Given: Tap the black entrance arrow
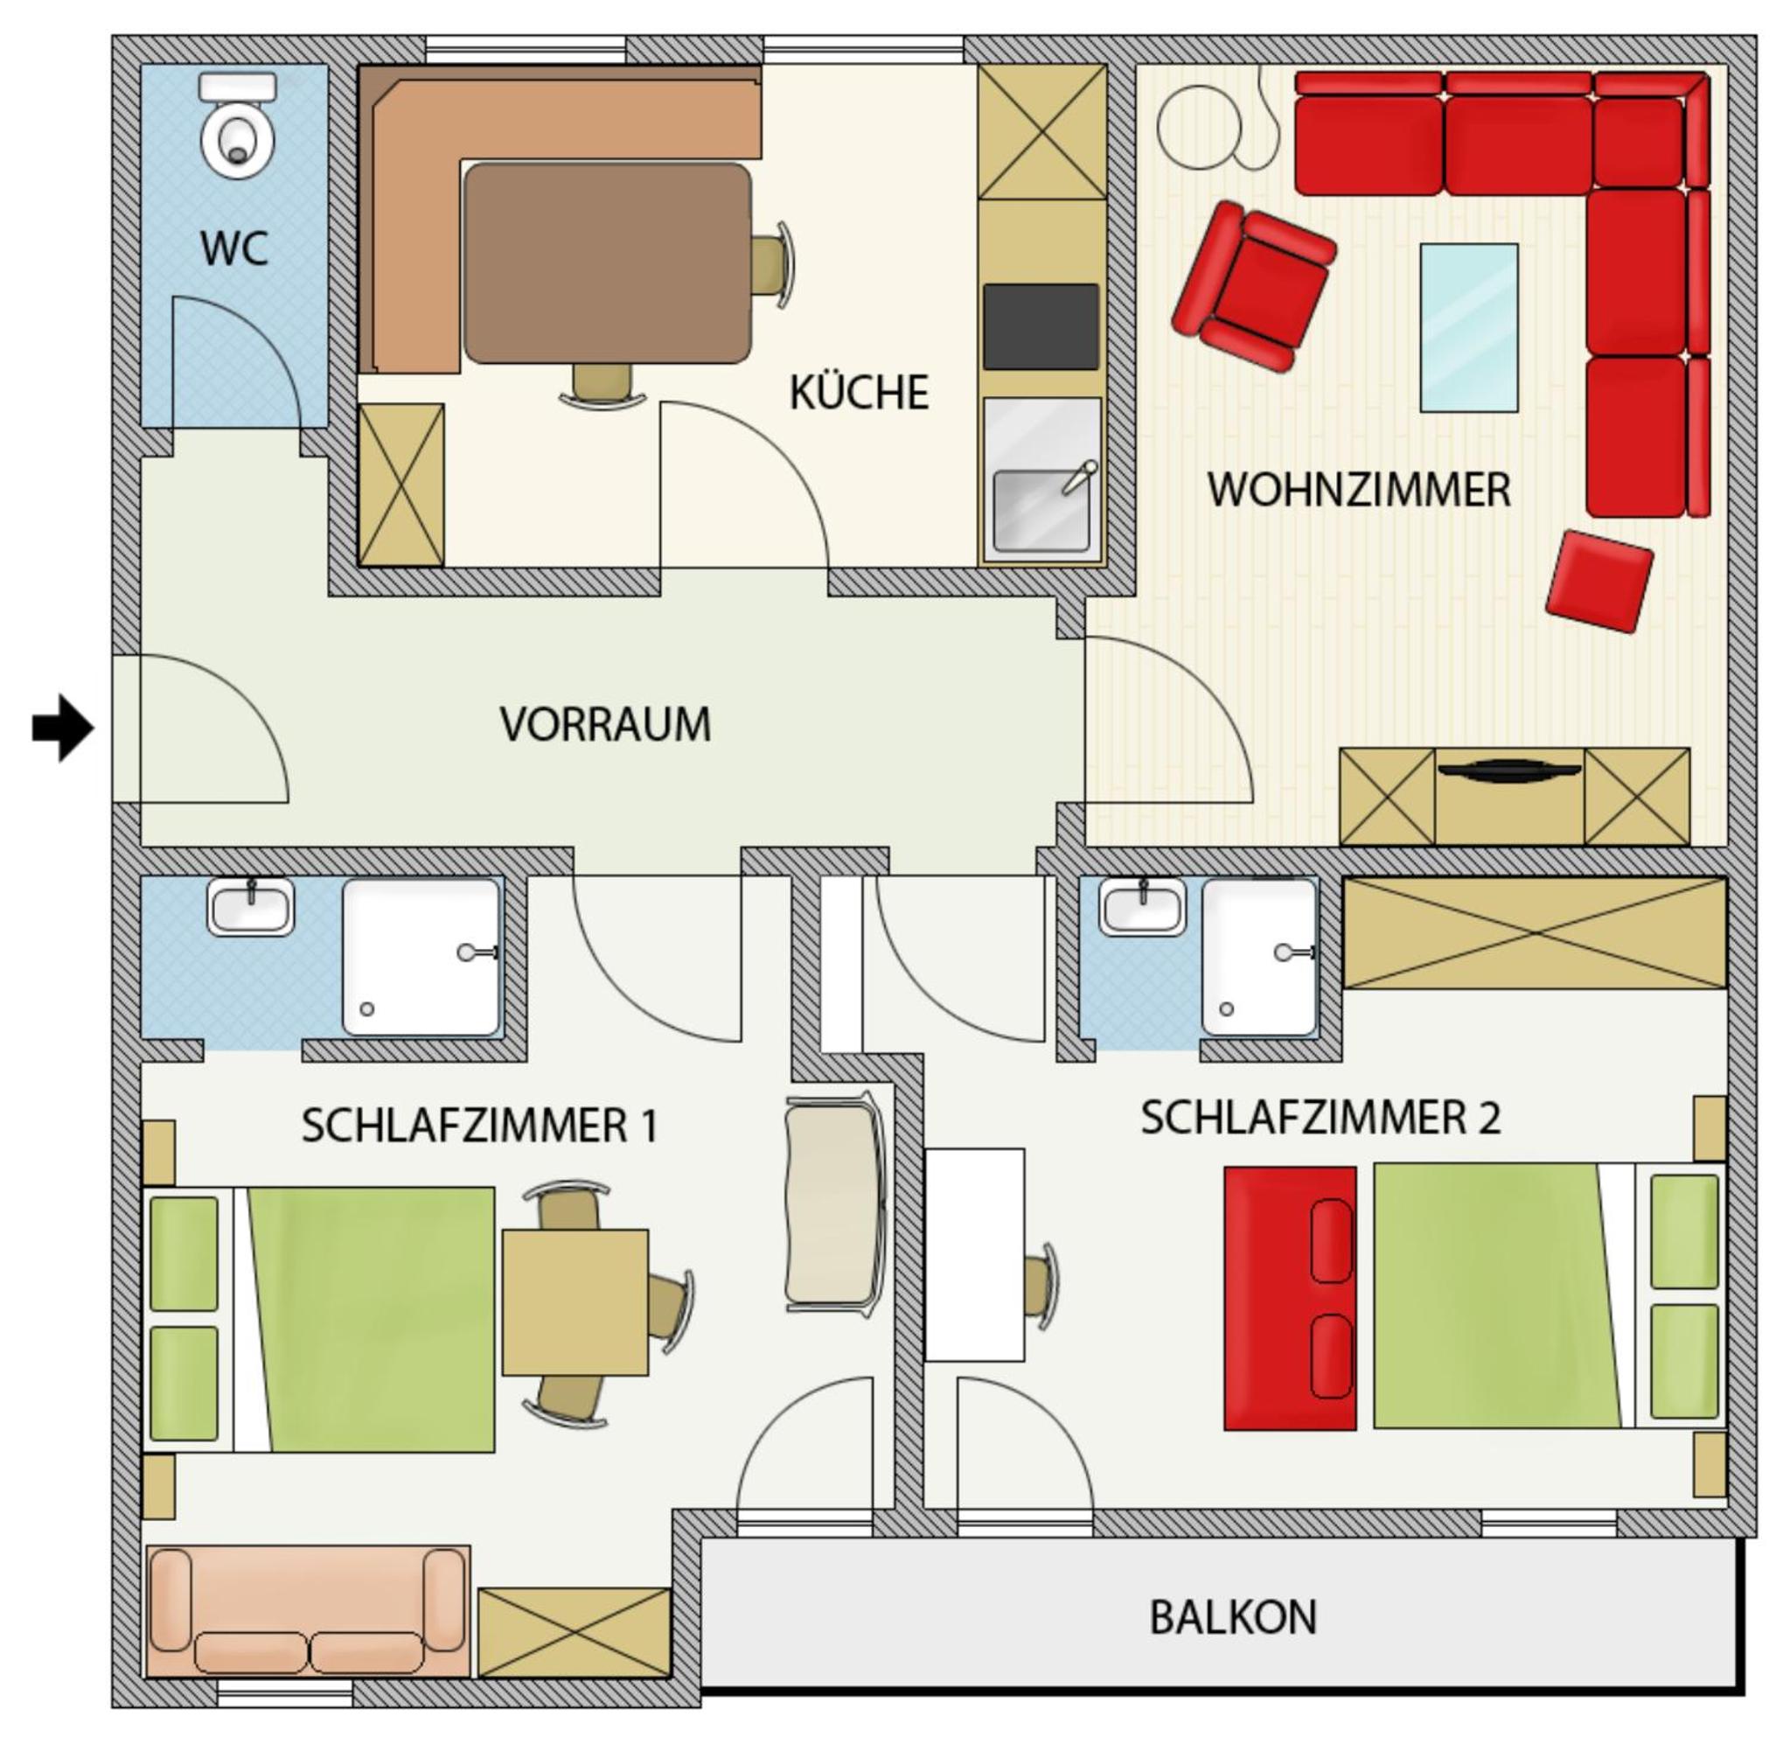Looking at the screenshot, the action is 63,728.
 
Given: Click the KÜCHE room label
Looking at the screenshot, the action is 859,392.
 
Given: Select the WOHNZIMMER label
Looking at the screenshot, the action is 1359,490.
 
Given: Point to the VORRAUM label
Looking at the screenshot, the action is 604,724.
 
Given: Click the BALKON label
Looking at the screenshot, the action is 1233,1617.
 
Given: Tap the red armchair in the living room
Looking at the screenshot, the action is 1254,286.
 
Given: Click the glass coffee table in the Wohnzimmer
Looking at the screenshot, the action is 1468,327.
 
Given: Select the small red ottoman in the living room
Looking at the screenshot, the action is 1599,580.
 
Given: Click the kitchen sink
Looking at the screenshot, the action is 1041,511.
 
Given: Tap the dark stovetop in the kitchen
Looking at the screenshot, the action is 1041,326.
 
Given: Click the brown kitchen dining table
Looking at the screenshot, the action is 608,263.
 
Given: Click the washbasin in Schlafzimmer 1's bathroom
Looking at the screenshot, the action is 251,906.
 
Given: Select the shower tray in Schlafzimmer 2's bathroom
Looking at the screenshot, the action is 1260,957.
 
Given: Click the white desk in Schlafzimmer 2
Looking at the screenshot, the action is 974,1255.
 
